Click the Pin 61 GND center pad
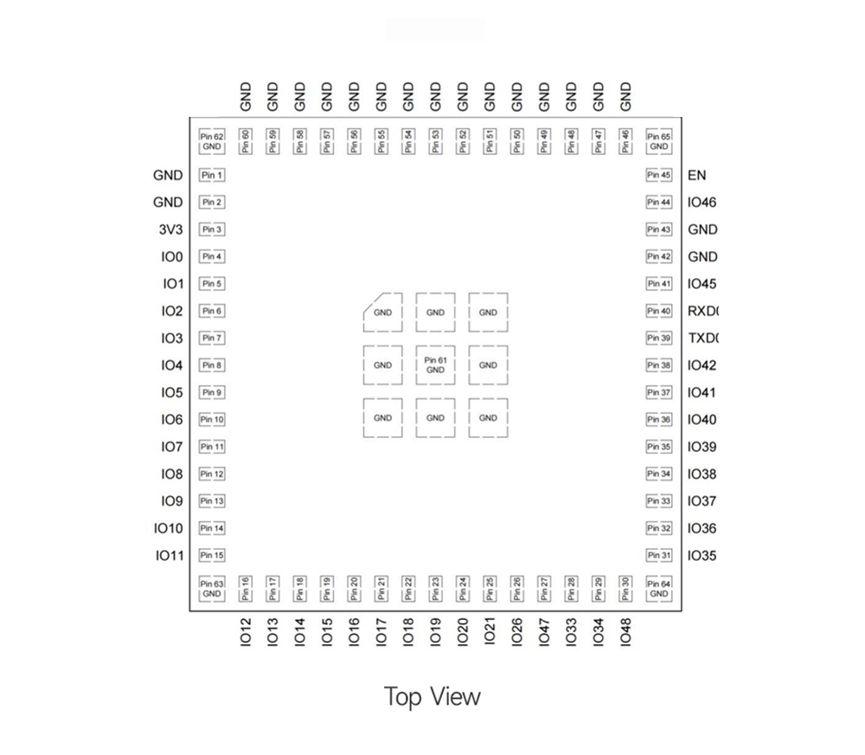click(x=435, y=365)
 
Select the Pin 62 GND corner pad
click(x=212, y=141)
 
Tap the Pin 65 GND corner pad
click(x=659, y=141)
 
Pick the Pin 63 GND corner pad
click(x=212, y=589)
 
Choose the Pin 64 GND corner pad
click(x=659, y=589)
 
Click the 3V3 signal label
click(x=170, y=229)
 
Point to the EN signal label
click(x=696, y=175)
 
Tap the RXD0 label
click(x=703, y=311)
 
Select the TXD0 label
click(x=703, y=339)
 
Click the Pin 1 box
click(x=212, y=175)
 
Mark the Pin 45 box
click(x=659, y=175)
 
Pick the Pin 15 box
click(x=212, y=555)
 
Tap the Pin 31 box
click(x=659, y=555)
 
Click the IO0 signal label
click(x=172, y=256)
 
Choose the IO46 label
click(x=702, y=203)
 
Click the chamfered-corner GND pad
click(x=382, y=313)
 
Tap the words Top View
click(x=432, y=696)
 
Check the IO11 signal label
click(x=169, y=555)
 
